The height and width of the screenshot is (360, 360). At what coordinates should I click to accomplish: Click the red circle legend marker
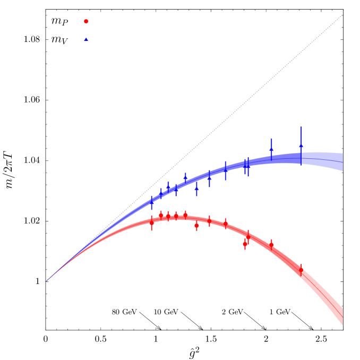(x=86, y=21)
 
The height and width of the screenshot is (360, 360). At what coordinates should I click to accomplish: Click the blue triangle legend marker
(x=86, y=39)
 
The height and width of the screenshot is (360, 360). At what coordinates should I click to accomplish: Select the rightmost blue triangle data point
(x=301, y=145)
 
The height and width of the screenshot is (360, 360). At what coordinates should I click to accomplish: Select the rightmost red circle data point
(x=301, y=270)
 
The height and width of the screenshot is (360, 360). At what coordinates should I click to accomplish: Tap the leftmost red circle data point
(x=151, y=223)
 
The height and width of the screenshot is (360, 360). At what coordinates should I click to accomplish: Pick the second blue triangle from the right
(x=271, y=150)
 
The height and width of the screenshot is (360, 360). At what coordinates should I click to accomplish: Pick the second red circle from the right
(x=271, y=245)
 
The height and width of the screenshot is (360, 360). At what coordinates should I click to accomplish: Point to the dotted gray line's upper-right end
(x=342, y=15)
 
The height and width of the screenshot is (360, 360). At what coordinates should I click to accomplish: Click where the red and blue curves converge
(x=47, y=280)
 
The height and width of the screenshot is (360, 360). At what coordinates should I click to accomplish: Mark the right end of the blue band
(x=342, y=161)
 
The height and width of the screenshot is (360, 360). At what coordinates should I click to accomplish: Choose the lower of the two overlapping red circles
(x=245, y=244)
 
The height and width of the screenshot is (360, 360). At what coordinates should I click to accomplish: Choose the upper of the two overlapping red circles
(x=248, y=237)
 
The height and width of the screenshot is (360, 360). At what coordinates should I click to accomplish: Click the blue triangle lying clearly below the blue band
(x=196, y=188)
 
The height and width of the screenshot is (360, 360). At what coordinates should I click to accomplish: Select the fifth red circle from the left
(x=185, y=215)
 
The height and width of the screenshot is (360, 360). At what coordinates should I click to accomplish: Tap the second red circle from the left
(x=161, y=215)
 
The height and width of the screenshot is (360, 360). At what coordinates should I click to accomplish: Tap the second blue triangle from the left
(x=161, y=194)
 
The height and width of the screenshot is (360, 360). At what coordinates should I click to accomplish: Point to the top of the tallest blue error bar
(x=301, y=126)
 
